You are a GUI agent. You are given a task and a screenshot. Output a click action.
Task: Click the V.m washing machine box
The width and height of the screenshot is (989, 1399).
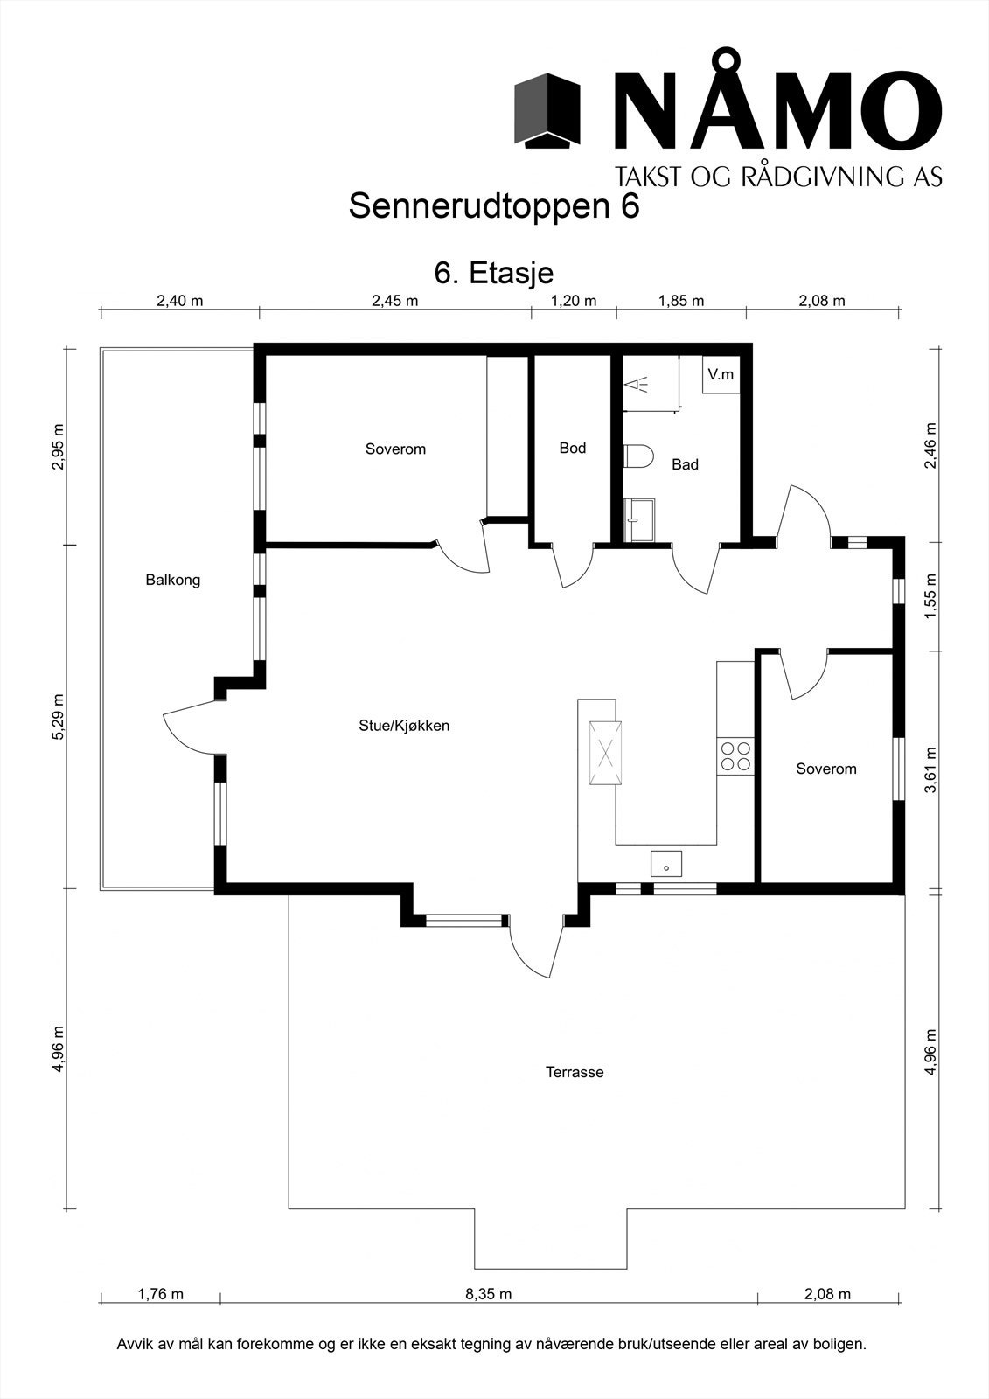point(721,375)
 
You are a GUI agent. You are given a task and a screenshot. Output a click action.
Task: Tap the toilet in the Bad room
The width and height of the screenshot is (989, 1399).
point(637,456)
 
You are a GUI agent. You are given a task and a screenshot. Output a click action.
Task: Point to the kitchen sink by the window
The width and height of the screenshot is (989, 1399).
point(666,864)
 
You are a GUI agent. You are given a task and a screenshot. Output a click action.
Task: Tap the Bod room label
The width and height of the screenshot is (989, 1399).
point(572,448)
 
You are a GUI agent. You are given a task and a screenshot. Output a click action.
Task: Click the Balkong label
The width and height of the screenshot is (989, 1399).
point(173,581)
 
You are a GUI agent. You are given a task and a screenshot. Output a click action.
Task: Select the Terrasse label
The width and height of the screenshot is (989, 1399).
point(575,1072)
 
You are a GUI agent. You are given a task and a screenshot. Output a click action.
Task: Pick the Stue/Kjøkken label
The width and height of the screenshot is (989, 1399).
point(404,726)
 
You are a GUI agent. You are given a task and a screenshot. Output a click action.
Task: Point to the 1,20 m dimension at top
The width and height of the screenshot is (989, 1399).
point(574,301)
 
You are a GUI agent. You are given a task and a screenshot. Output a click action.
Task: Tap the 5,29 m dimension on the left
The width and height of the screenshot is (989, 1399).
point(58,716)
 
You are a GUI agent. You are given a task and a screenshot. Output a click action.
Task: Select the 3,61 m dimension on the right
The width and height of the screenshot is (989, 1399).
point(931,770)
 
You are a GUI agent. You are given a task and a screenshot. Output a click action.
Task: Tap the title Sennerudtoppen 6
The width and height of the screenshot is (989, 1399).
point(494,206)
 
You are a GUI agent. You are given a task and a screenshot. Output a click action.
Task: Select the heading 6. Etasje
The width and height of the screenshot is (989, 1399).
point(494,273)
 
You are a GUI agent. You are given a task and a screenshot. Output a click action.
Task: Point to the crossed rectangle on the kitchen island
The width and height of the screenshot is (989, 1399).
point(605,752)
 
